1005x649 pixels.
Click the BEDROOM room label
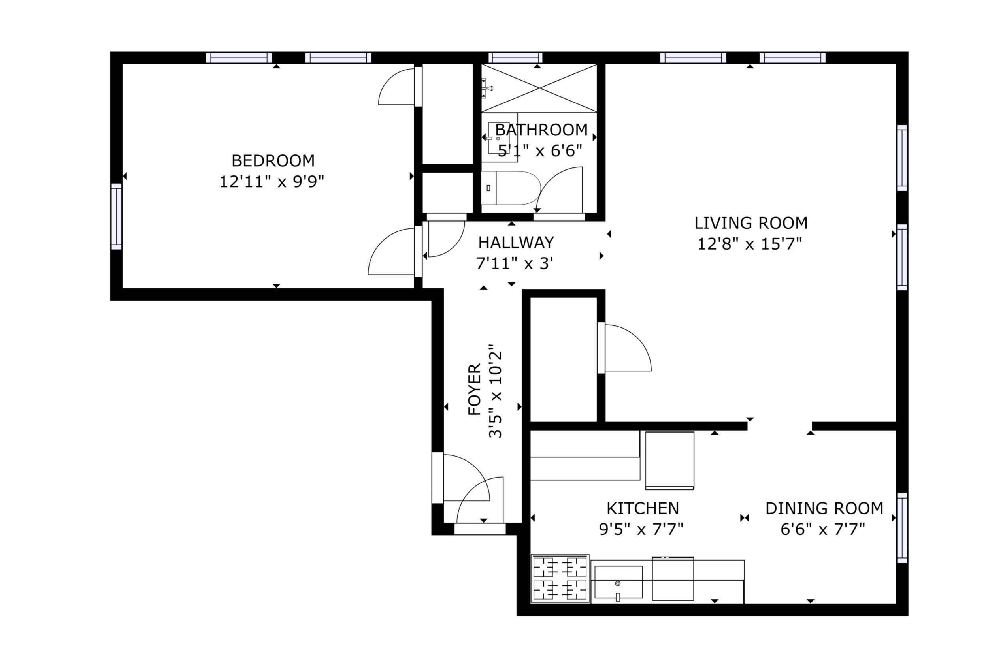pyautogui.click(x=273, y=160)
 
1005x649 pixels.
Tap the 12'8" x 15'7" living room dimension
pyautogui.click(x=749, y=244)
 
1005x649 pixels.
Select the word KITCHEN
pyautogui.click(x=643, y=508)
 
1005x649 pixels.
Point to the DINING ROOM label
pyautogui.click(x=824, y=508)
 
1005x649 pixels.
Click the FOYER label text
pyautogui.click(x=474, y=389)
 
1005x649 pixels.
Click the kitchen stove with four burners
pyautogui.click(x=560, y=578)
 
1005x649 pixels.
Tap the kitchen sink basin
pyautogui.click(x=618, y=582)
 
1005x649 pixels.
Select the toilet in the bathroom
pyautogui.click(x=511, y=188)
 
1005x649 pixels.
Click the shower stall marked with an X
pyautogui.click(x=539, y=88)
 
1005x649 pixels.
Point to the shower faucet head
pyautogui.click(x=488, y=88)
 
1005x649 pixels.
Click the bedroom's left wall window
pyautogui.click(x=116, y=216)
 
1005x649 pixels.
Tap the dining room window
pyautogui.click(x=902, y=528)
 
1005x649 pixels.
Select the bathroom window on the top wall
pyautogui.click(x=515, y=58)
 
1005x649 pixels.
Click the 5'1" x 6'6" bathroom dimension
pyautogui.click(x=540, y=150)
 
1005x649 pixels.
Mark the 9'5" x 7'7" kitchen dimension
pyautogui.click(x=641, y=529)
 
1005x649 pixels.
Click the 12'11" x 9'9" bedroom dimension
pyautogui.click(x=272, y=182)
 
